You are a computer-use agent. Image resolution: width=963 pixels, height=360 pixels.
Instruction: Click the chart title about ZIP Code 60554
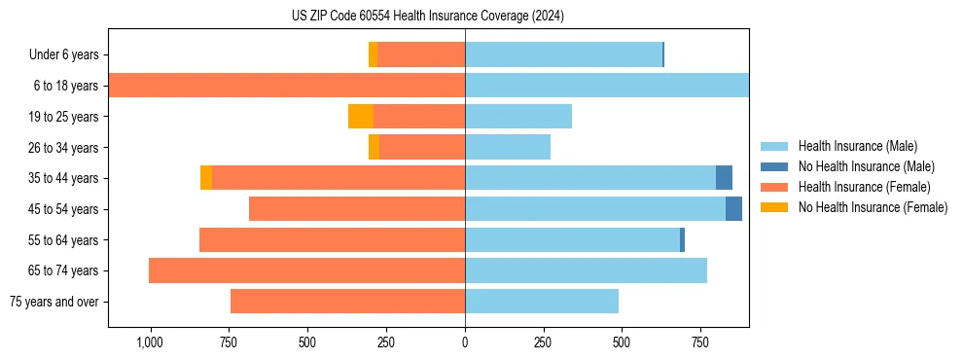pyautogui.click(x=427, y=17)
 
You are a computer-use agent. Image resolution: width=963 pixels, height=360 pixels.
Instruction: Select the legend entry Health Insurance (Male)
pyautogui.click(x=857, y=146)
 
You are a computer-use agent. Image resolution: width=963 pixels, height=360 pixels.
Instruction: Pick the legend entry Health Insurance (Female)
pyautogui.click(x=861, y=187)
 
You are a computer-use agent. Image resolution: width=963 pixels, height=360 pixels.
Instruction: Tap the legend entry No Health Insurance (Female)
pyautogui.click(x=872, y=207)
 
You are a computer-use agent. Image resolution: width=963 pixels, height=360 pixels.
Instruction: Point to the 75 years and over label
pyautogui.click(x=53, y=302)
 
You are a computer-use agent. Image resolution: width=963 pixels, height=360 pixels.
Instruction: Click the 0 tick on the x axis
pyautogui.click(x=465, y=342)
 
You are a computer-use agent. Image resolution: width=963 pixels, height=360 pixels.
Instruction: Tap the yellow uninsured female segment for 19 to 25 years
pyautogui.click(x=361, y=117)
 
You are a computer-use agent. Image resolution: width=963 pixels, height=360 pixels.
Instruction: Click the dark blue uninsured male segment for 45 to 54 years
pyautogui.click(x=733, y=209)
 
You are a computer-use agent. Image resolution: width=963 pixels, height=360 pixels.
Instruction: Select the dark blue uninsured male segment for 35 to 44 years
pyautogui.click(x=724, y=178)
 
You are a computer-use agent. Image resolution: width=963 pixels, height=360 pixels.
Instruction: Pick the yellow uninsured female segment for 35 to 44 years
pyautogui.click(x=206, y=178)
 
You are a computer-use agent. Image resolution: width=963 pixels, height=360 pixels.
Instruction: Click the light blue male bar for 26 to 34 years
pyautogui.click(x=508, y=147)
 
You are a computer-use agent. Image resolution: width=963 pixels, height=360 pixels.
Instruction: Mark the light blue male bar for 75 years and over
pyautogui.click(x=542, y=302)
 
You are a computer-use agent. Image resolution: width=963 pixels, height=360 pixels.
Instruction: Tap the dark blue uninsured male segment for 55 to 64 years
pyautogui.click(x=682, y=239)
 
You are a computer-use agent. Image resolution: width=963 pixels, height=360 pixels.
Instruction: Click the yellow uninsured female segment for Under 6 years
pyautogui.click(x=373, y=54)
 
